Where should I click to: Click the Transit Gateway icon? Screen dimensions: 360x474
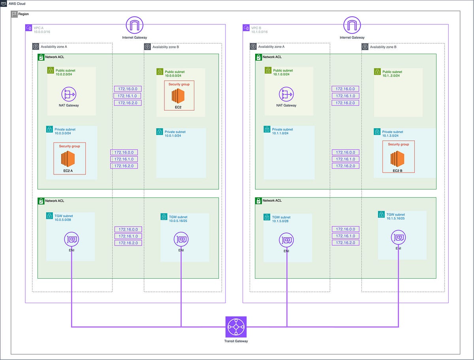236,327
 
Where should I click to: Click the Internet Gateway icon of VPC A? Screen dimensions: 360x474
135,25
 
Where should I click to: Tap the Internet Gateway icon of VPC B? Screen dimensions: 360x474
352,25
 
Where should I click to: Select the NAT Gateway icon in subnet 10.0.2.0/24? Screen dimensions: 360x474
69,94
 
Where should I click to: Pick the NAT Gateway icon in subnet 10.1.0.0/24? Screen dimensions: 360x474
286,94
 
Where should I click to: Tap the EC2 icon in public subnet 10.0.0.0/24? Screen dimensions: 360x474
179,96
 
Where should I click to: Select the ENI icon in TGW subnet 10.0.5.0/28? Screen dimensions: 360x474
72,239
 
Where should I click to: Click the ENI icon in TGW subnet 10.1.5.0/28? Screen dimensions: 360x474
286,240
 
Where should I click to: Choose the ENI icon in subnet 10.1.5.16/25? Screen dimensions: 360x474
398,237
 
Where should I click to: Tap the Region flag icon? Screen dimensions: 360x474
14,14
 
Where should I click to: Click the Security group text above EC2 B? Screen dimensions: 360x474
398,144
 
